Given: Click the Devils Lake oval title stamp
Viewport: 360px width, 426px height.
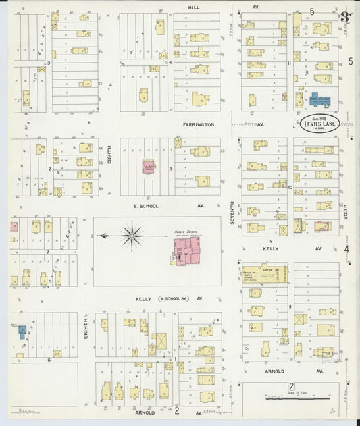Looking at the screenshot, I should (314, 123).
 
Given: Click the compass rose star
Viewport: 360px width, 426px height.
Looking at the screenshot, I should (132, 236).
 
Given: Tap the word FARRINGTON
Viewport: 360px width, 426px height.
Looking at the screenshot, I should (197, 124).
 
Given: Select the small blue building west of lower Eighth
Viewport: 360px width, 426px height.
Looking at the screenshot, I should (22, 331).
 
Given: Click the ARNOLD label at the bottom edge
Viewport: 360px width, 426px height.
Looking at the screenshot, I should (144, 412).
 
